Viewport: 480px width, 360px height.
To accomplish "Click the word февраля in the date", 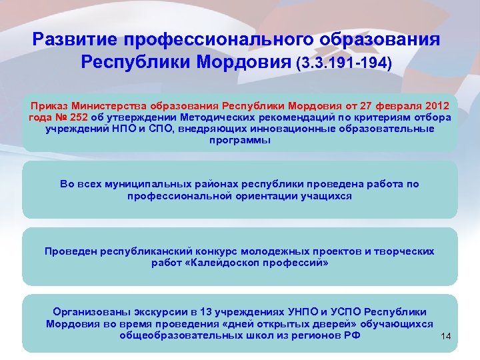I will click(x=389, y=107).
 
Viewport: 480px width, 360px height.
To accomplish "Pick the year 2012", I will click(x=436, y=107).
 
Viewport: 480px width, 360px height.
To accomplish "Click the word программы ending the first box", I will click(x=240, y=140).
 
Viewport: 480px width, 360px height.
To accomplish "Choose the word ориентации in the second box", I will click(x=264, y=196).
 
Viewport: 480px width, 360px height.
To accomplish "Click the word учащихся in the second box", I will click(x=324, y=196).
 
